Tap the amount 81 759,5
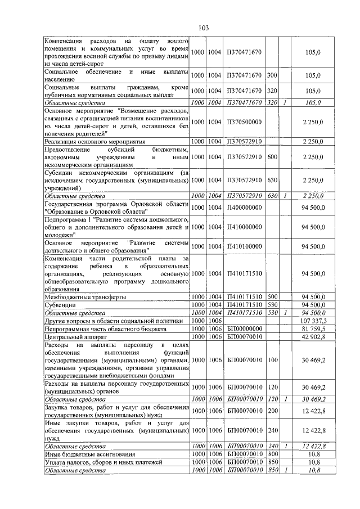(313, 328)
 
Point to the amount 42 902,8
(313, 336)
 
